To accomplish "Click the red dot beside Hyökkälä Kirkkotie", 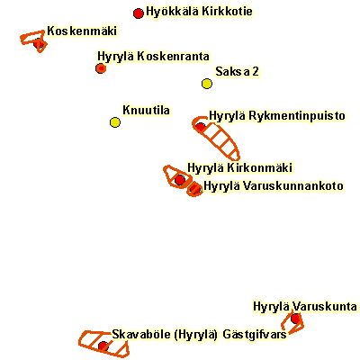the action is pyautogui.click(x=138, y=13).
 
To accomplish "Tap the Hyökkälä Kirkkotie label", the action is pyautogui.click(x=199, y=12).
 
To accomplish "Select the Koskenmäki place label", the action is pyautogui.click(x=82, y=31).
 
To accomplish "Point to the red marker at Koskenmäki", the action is pyautogui.click(x=39, y=43).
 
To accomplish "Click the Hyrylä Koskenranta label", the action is pyautogui.click(x=153, y=57).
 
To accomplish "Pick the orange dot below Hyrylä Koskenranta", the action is pyautogui.click(x=101, y=68).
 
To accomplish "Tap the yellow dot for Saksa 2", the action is pyautogui.click(x=207, y=84).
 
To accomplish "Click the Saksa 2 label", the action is pyautogui.click(x=237, y=71).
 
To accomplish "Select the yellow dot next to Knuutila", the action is pyautogui.click(x=115, y=122).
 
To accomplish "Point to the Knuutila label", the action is pyautogui.click(x=146, y=110).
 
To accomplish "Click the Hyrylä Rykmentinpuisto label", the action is pyautogui.click(x=277, y=116).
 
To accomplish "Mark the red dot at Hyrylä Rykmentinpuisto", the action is pyautogui.click(x=201, y=127).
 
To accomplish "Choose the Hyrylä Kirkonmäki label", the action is pyautogui.click(x=239, y=167).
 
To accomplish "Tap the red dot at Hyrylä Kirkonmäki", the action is pyautogui.click(x=180, y=180).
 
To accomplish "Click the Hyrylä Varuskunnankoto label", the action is pyautogui.click(x=274, y=186).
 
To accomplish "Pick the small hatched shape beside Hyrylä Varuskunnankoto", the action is pyautogui.click(x=194, y=189).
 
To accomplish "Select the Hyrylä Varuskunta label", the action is pyautogui.click(x=305, y=307).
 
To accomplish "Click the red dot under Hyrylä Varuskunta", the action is pyautogui.click(x=295, y=319).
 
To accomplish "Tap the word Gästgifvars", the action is pyautogui.click(x=255, y=334).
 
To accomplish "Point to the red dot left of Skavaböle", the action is pyautogui.click(x=103, y=346).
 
